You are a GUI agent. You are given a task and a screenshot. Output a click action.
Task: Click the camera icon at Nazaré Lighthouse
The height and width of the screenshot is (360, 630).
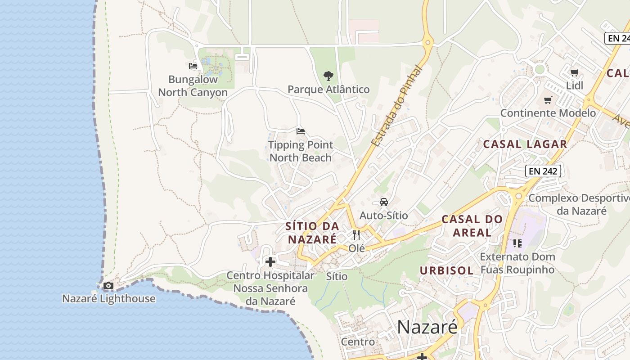(x=108, y=285)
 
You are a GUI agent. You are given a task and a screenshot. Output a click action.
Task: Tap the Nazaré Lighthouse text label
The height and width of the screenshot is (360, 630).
(x=108, y=298)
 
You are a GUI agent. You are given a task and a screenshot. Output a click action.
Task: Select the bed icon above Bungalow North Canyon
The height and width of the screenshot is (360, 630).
(x=193, y=66)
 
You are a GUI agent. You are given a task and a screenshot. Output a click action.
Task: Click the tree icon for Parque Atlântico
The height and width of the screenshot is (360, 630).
(x=328, y=76)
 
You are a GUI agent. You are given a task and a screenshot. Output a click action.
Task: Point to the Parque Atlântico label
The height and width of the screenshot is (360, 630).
(x=328, y=90)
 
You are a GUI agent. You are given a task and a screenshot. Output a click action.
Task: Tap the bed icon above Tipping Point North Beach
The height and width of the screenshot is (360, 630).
(x=301, y=131)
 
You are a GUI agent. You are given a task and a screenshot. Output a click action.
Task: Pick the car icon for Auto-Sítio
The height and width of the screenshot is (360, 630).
(x=383, y=202)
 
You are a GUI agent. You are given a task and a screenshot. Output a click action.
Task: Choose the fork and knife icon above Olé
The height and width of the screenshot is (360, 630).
(x=356, y=234)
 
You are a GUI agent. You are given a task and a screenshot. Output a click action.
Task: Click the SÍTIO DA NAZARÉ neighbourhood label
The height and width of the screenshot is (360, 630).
(x=312, y=233)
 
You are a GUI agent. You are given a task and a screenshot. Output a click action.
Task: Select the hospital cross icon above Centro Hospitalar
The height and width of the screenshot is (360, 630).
(x=270, y=261)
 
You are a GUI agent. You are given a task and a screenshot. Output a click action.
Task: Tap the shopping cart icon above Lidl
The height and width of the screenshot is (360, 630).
(x=574, y=72)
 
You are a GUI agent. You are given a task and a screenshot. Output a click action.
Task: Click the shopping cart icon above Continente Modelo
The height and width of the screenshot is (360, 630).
(x=548, y=100)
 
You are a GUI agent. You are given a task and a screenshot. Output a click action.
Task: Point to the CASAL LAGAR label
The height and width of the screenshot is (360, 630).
(x=525, y=144)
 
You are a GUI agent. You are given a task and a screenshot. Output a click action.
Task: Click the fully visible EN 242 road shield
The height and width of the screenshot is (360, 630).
(x=543, y=171)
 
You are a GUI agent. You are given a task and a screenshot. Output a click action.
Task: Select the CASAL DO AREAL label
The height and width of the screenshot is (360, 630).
(x=472, y=226)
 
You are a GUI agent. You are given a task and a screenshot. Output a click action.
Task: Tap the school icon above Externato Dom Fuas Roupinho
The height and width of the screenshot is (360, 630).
(x=517, y=243)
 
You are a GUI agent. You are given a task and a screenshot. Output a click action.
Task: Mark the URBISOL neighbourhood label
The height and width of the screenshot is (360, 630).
(x=446, y=270)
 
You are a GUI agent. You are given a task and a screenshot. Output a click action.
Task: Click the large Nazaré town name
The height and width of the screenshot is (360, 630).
(x=427, y=327)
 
